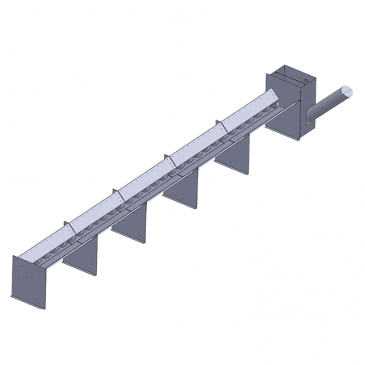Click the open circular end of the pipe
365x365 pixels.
(x=346, y=92)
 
